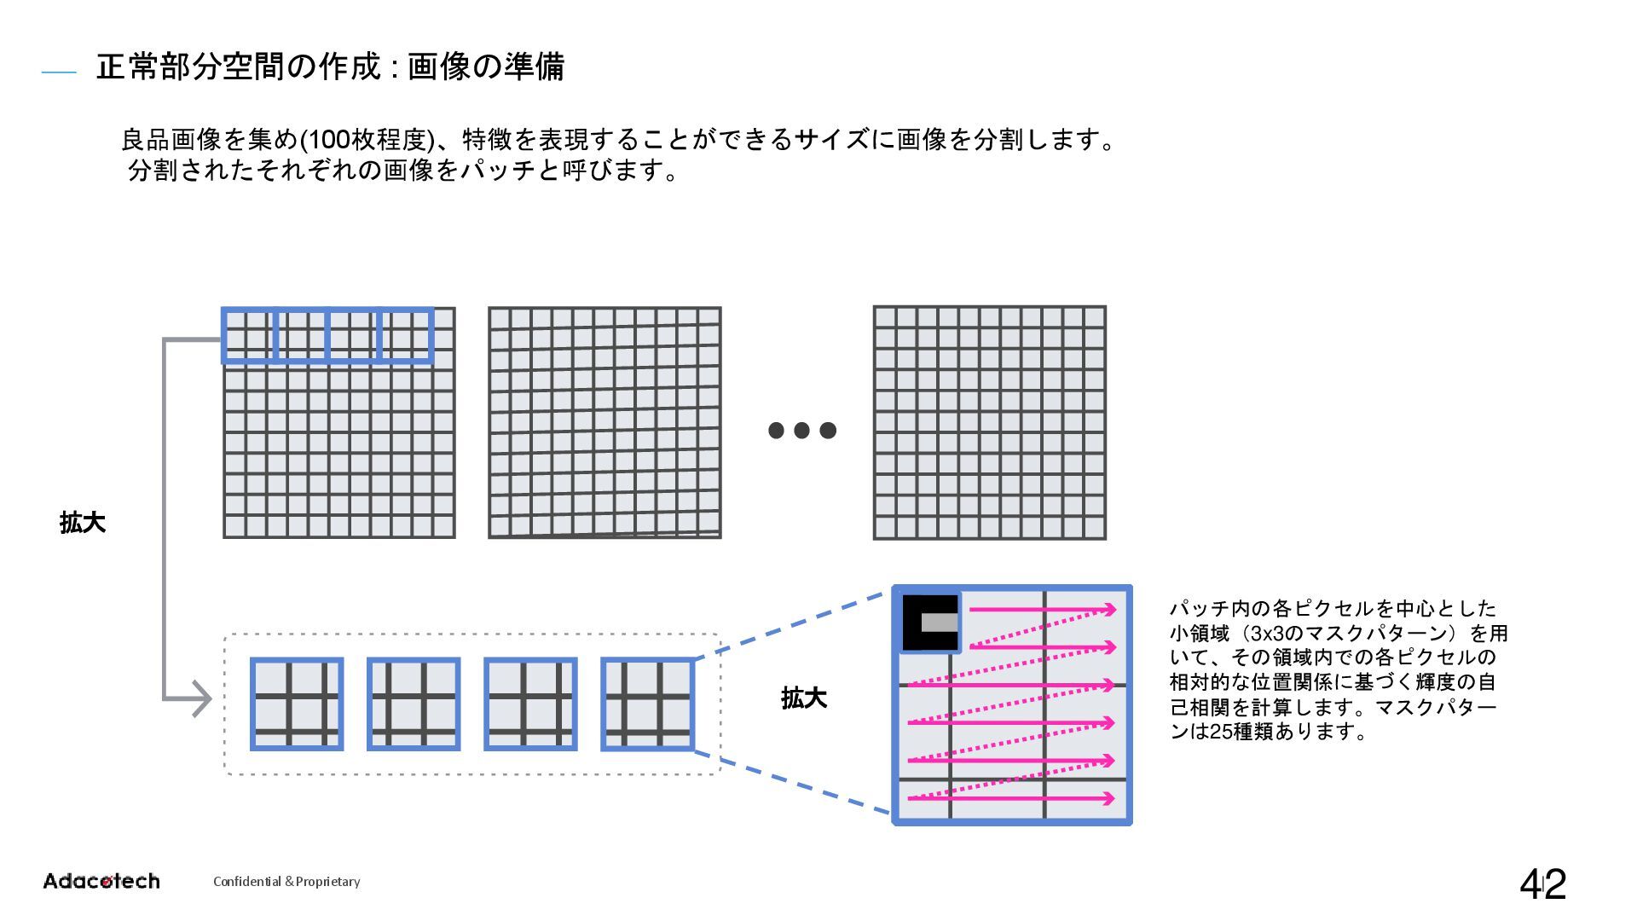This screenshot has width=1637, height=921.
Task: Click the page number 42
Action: tap(1542, 884)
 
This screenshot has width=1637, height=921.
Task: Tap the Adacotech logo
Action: tap(101, 881)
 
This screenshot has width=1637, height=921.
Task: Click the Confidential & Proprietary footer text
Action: tap(286, 882)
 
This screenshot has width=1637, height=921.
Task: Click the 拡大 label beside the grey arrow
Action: tap(83, 523)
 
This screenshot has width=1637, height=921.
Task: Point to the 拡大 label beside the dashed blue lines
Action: tap(803, 698)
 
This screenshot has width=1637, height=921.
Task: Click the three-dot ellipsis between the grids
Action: tap(801, 430)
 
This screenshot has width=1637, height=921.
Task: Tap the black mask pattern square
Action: tap(930, 623)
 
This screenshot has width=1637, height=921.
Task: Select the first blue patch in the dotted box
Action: tap(297, 704)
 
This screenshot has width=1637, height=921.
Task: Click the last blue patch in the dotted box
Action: tap(647, 704)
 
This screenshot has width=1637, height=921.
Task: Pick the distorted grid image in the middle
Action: tap(604, 423)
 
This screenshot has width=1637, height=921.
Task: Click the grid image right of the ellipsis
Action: tap(989, 423)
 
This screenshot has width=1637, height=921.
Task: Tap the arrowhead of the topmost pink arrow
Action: tap(1110, 610)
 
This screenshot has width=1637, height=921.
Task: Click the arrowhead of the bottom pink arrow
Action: tap(1110, 799)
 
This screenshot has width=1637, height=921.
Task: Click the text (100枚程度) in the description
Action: tap(368, 139)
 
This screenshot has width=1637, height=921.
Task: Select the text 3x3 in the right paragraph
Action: tap(1266, 634)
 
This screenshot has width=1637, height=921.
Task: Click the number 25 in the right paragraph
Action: tap(1221, 732)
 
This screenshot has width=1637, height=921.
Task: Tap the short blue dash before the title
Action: tap(59, 73)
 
